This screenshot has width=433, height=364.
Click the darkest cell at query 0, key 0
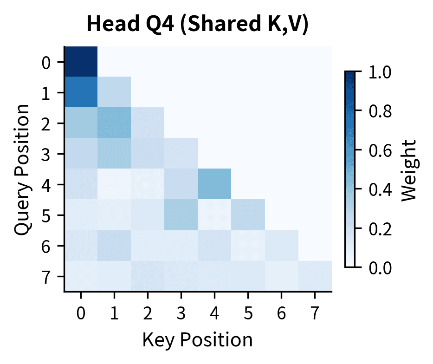81,62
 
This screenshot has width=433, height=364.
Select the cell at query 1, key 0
81,92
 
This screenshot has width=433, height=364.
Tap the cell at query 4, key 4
214,184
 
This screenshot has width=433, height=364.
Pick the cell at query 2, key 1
114,123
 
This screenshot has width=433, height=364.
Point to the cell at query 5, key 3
181,215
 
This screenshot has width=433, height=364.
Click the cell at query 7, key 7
315,276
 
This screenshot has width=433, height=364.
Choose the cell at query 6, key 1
114,246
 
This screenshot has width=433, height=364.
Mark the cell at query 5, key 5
248,215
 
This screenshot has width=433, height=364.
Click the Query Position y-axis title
22,169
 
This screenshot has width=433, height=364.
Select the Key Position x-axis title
197,339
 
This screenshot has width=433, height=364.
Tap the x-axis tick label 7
315,314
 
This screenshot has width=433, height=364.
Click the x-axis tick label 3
181,314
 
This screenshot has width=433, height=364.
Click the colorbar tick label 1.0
379,72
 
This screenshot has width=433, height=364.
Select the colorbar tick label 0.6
379,150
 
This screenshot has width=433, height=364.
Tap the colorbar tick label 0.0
379,267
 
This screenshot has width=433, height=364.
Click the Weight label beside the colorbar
409,169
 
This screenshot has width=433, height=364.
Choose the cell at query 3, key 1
114,154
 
